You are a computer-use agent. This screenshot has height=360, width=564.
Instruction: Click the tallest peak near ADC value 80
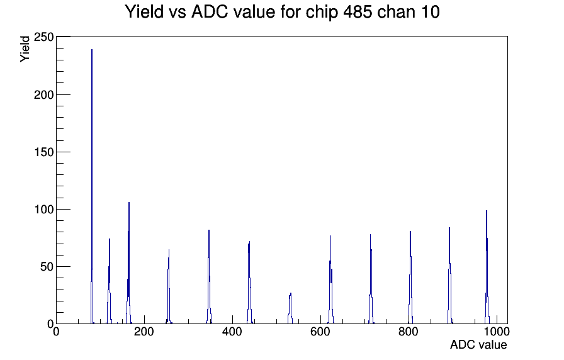pyautogui.click(x=92, y=187)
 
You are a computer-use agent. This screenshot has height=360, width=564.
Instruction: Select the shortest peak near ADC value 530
pyautogui.click(x=290, y=309)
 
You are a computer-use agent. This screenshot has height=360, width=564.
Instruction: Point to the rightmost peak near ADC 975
pyautogui.click(x=487, y=268)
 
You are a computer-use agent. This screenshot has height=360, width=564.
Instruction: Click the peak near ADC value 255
pyautogui.click(x=168, y=288)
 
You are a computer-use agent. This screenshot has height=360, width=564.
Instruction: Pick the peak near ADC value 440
pyautogui.click(x=249, y=284)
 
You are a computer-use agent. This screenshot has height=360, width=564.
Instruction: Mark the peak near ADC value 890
pyautogui.click(x=449, y=277)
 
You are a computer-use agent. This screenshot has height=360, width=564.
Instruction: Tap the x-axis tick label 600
pyautogui.click(x=320, y=332)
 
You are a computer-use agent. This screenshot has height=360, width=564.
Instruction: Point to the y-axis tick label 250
pyautogui.click(x=43, y=37)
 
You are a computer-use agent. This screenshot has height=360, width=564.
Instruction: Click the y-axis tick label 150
pyautogui.click(x=43, y=152)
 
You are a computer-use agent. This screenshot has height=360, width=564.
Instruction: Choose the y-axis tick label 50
pyautogui.click(x=47, y=266)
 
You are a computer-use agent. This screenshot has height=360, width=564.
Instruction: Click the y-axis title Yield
pyautogui.click(x=25, y=49)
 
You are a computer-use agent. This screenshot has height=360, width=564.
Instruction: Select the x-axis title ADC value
pyautogui.click(x=478, y=344)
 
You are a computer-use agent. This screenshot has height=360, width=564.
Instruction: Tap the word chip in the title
pyautogui.click(x=322, y=13)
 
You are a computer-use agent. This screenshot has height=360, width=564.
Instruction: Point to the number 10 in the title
pyautogui.click(x=429, y=12)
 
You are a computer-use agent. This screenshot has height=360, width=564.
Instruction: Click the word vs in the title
pyautogui.click(x=178, y=13)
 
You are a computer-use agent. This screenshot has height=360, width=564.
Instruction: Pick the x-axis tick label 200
pyautogui.click(x=144, y=332)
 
